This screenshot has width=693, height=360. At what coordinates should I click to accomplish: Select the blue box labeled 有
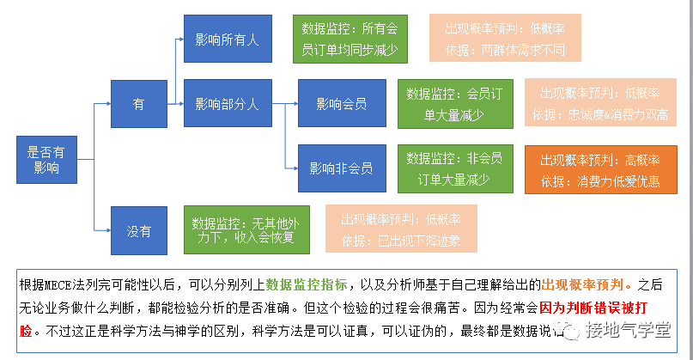pos(138,104)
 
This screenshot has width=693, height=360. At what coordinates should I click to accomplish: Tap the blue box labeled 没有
pos(138,230)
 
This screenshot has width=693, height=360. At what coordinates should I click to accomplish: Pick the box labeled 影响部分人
pos(227,104)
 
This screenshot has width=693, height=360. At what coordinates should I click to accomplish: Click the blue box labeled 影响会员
pos(341,104)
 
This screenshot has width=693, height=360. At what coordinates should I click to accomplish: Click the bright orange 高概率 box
pos(599,169)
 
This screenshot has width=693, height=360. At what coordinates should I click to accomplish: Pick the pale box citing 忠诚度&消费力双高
pos(599,103)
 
